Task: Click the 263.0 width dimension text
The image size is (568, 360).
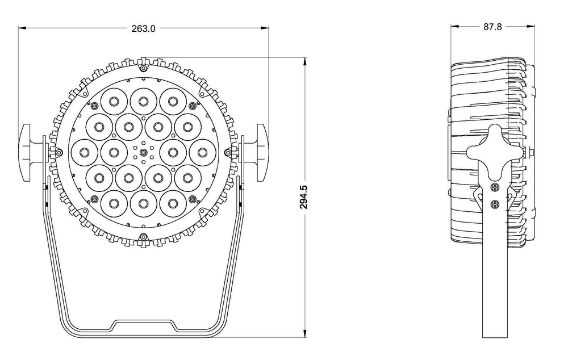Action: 143,28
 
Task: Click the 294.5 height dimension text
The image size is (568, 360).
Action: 304,197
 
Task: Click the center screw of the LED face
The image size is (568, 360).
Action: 143,152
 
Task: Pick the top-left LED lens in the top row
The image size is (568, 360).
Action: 114,101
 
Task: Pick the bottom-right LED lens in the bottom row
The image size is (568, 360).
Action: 173,201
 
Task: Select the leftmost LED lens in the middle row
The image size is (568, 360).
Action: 84,152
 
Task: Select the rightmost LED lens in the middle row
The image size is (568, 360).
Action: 202,152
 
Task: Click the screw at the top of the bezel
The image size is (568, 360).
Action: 143,67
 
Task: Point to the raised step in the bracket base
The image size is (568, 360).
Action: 143,324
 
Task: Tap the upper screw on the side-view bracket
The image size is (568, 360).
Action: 494,187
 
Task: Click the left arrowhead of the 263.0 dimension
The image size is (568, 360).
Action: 21,27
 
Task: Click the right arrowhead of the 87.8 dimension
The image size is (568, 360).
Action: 533,26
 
